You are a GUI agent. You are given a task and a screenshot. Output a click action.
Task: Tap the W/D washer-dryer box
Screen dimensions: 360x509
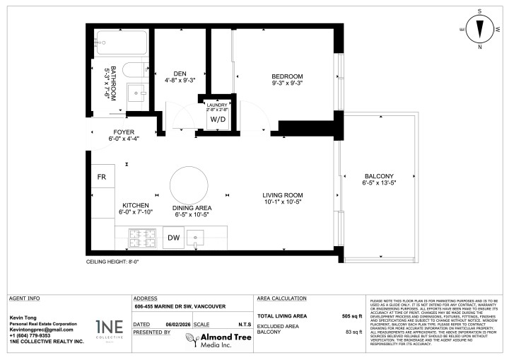[x=216, y=119]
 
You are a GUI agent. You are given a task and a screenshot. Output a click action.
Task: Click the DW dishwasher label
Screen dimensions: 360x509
[x=173, y=238]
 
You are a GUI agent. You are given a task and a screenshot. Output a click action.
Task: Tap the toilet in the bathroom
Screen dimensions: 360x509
[x=133, y=70]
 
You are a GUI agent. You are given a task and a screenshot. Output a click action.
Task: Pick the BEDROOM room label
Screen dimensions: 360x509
[x=287, y=76]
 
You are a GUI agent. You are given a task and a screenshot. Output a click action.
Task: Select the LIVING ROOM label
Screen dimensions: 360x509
[x=283, y=195]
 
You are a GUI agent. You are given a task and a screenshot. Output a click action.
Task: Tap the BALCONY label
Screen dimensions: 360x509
[x=379, y=176]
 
